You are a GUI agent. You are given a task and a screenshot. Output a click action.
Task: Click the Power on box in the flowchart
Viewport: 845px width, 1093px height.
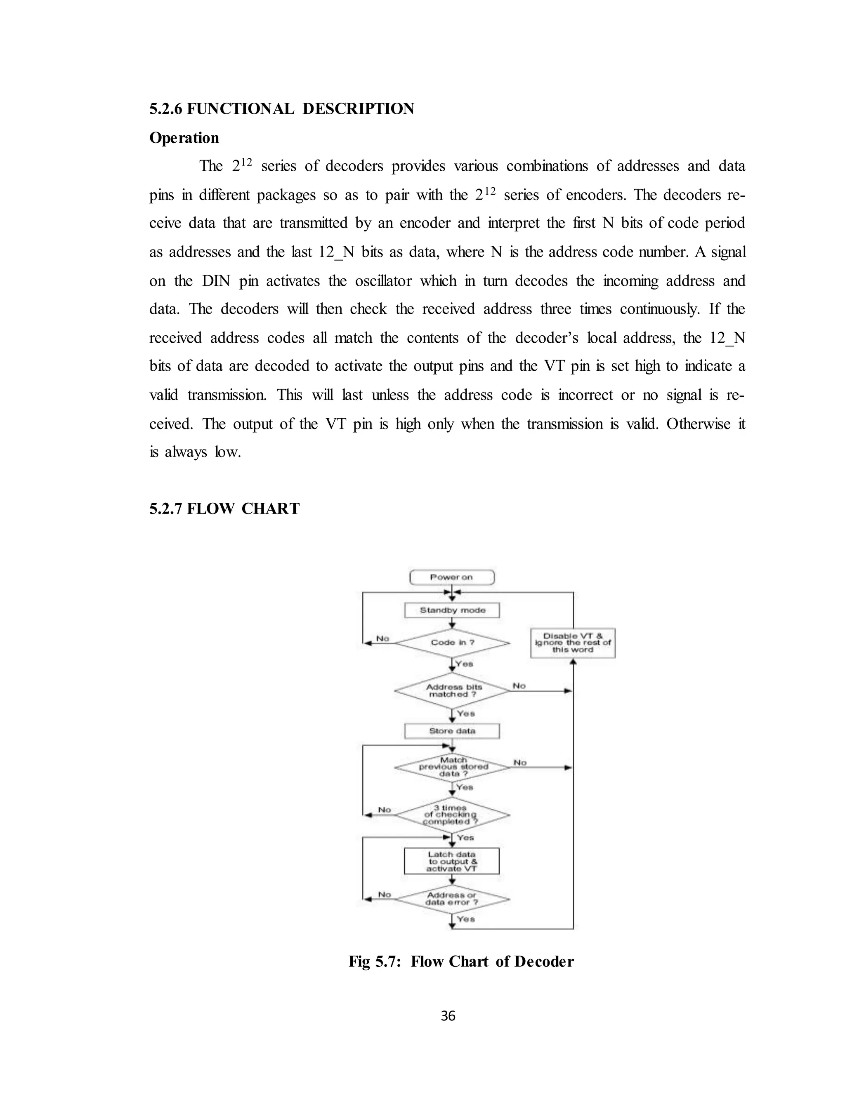click(x=451, y=577)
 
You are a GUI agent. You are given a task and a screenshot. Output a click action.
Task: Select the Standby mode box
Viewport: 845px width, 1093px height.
click(x=451, y=610)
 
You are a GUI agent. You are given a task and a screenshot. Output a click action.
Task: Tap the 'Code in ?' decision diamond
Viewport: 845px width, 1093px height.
click(x=451, y=643)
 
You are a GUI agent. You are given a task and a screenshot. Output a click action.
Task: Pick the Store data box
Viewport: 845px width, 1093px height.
click(x=451, y=731)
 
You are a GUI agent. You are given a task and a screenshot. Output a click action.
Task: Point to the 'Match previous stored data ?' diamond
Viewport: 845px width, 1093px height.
click(x=451, y=767)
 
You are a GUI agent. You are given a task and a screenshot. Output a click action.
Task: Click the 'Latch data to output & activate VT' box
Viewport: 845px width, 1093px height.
click(x=451, y=861)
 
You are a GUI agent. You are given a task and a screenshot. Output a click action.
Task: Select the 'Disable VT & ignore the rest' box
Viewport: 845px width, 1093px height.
click(x=573, y=643)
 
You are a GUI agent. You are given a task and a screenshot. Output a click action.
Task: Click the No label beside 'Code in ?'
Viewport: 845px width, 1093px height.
click(x=382, y=638)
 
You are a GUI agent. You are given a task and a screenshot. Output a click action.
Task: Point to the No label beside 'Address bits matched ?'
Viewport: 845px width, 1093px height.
click(x=519, y=685)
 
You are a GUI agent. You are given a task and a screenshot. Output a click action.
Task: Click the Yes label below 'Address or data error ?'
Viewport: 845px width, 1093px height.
click(x=465, y=919)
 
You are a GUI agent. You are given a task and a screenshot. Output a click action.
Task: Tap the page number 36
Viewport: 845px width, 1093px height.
click(x=448, y=1015)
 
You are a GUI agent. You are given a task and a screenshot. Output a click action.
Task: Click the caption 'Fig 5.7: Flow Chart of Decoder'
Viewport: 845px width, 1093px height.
click(x=461, y=961)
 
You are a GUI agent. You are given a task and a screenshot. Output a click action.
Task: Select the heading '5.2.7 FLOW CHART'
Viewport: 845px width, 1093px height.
click(x=224, y=509)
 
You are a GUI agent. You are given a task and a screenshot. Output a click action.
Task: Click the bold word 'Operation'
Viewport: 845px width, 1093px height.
click(x=184, y=138)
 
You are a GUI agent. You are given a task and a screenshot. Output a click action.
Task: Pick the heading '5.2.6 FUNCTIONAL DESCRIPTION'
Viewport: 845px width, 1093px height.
click(x=282, y=108)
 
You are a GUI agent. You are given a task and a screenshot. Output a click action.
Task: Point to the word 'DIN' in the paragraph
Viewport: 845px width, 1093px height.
click(x=216, y=281)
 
